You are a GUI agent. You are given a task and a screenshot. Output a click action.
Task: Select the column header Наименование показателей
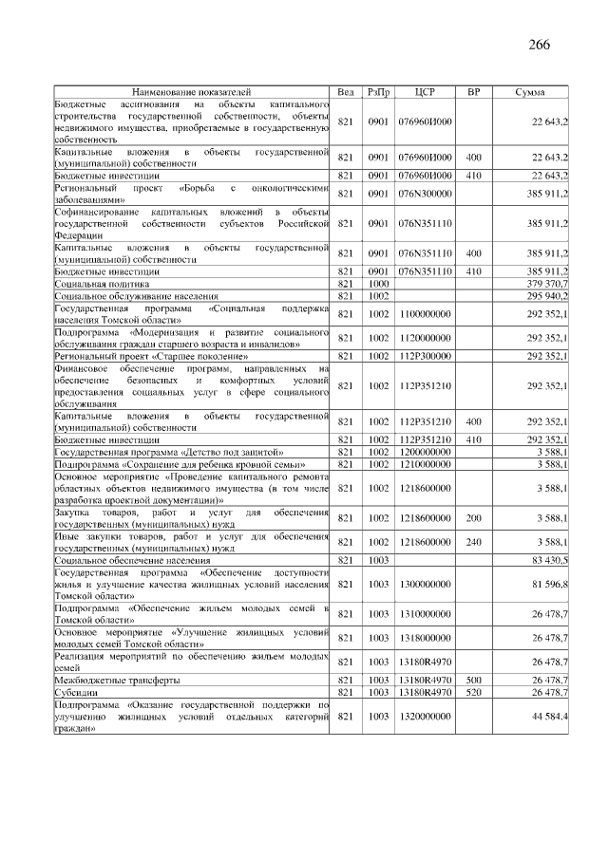[191, 92]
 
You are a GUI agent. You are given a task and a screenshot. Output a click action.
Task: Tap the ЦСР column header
[425, 92]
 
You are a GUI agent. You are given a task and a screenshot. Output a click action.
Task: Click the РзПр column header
[378, 92]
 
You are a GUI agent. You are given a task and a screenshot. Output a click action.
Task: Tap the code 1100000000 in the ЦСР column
[425, 313]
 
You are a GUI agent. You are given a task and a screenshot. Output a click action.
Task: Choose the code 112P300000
[425, 356]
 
